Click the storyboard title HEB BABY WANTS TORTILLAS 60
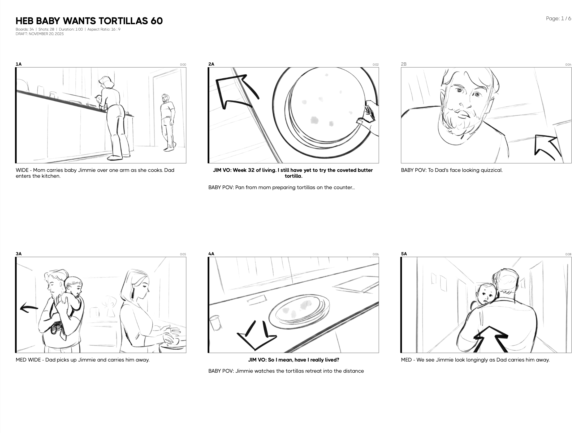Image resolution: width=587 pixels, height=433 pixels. (x=89, y=21)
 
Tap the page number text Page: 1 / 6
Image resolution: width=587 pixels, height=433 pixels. (x=559, y=19)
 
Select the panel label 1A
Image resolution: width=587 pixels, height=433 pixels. (x=19, y=64)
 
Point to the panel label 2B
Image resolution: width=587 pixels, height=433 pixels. (x=404, y=64)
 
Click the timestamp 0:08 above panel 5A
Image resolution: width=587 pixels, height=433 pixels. (x=568, y=254)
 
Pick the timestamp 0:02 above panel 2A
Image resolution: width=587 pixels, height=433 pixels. (x=375, y=65)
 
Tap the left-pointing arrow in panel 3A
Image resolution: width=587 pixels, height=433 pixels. (x=29, y=308)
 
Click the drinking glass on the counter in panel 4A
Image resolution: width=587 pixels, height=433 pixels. (x=216, y=323)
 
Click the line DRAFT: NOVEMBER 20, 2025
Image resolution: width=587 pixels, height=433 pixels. (x=40, y=34)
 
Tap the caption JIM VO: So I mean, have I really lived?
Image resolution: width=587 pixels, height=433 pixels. (x=293, y=360)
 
